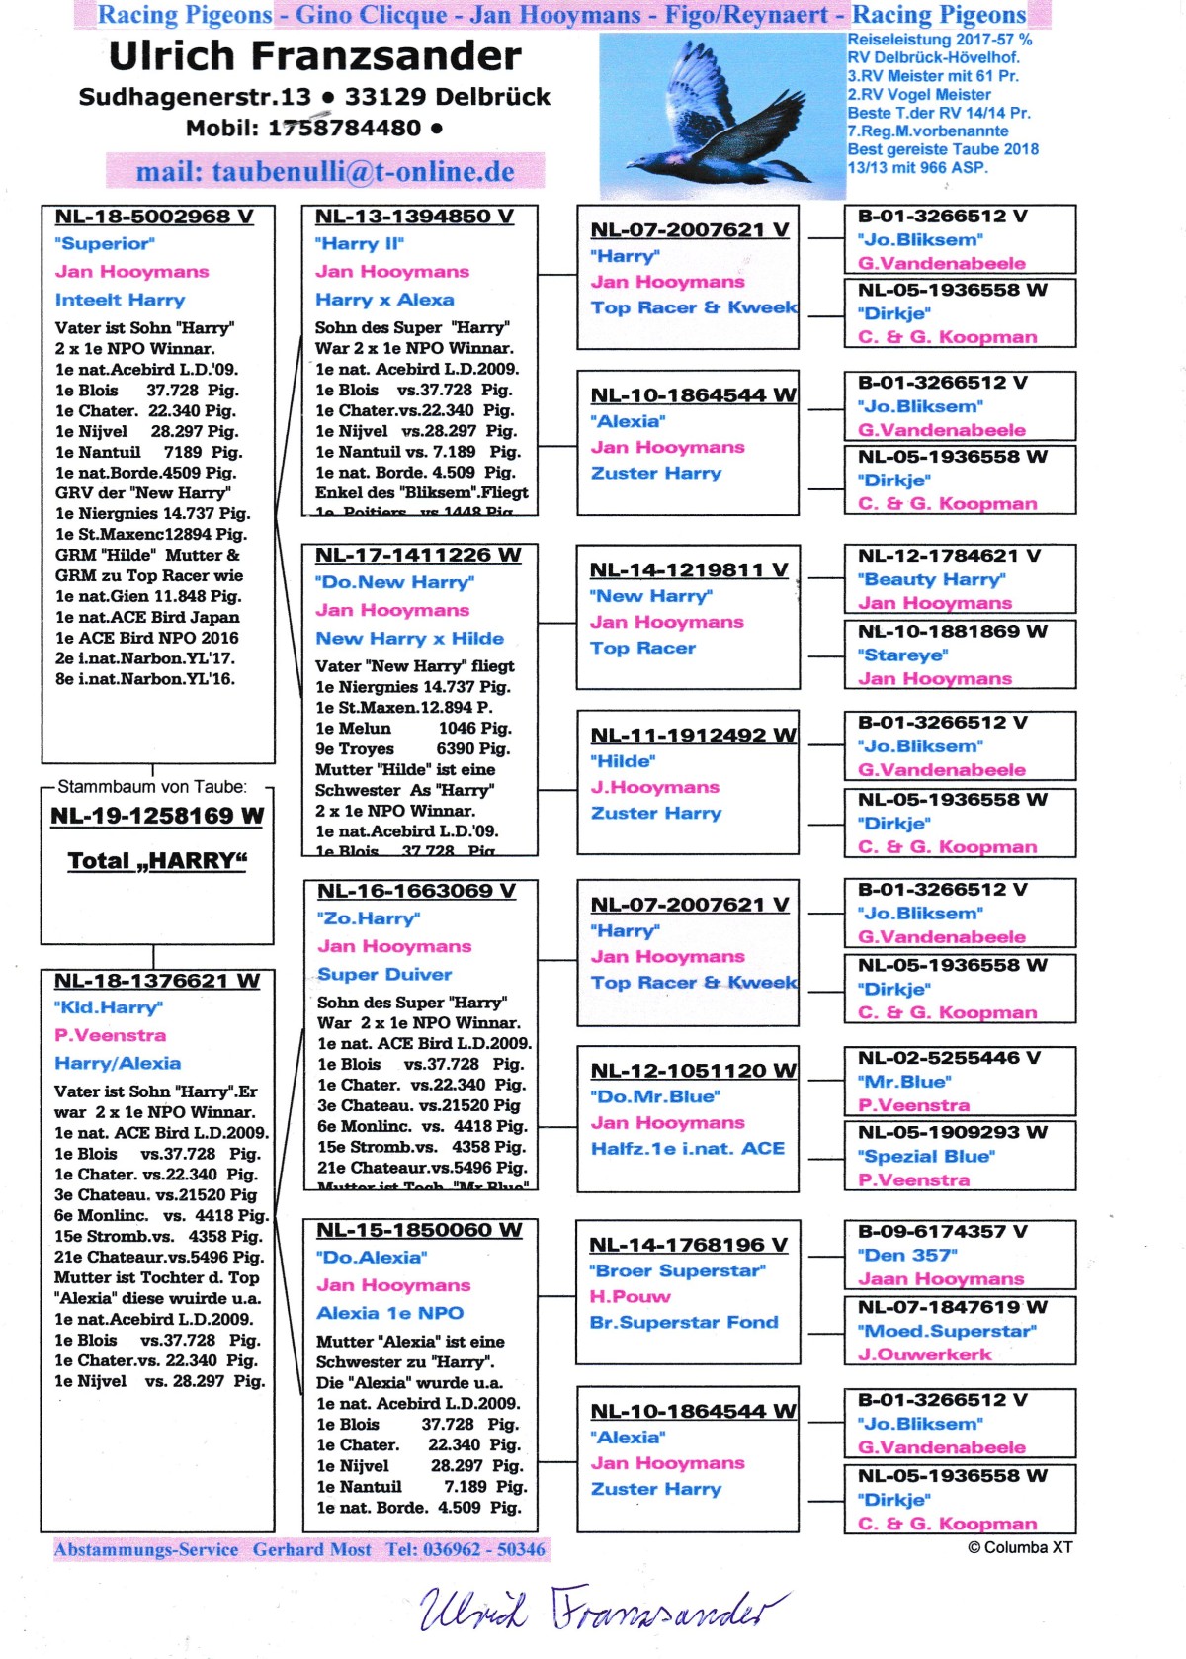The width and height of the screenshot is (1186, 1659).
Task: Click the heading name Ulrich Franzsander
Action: pos(314,56)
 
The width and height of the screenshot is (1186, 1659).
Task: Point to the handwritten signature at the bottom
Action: pos(604,1607)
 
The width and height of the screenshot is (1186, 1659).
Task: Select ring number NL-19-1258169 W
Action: pos(157,816)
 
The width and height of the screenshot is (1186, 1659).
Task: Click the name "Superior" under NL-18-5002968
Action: pos(105,243)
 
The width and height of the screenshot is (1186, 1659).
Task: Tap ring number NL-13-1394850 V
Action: pos(414,217)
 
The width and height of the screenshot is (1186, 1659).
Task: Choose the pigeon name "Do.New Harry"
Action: pos(394,582)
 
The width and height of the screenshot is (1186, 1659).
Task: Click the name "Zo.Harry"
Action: pos(369,918)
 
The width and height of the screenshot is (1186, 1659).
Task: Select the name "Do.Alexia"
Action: pos(372,1258)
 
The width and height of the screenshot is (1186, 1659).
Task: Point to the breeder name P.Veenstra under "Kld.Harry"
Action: pos(110,1035)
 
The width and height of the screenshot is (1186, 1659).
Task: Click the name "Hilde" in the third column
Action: pos(623,761)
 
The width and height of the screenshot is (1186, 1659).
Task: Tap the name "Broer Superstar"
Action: pos(677,1270)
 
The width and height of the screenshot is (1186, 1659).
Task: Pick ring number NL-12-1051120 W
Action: pos(693,1071)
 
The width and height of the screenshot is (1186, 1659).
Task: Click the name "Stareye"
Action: pos(902,655)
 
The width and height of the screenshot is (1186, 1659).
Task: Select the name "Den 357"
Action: pos(907,1255)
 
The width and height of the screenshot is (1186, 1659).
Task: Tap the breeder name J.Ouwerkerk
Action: pos(924,1354)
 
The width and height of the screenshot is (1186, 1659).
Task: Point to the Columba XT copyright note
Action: pos(1019,1547)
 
